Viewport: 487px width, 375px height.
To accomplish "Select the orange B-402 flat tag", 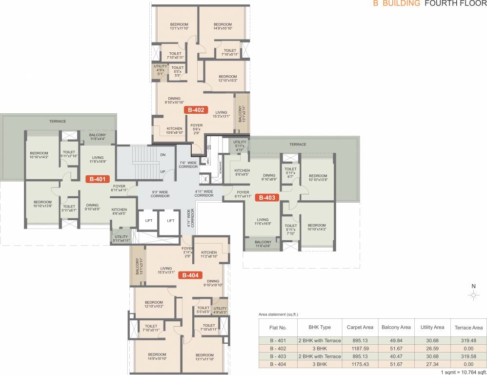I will click(x=196, y=110).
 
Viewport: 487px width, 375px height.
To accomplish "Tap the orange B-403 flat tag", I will click(x=267, y=198).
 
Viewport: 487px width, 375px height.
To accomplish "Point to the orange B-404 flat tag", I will click(x=190, y=275).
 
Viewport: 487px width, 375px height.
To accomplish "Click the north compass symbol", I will click(x=473, y=295).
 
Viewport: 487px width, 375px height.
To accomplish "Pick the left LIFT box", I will click(x=148, y=221).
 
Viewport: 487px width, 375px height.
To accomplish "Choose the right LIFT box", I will click(x=170, y=221).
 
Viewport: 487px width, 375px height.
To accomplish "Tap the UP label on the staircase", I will click(x=163, y=171).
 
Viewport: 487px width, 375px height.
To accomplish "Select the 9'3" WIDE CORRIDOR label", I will click(x=160, y=193).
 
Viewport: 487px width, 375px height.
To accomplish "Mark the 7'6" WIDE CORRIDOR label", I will click(x=187, y=164).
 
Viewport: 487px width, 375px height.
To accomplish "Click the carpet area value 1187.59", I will click(x=360, y=349).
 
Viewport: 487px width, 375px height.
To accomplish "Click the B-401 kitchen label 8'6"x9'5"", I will click(x=119, y=211).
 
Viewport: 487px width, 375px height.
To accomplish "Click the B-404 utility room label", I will click(x=220, y=310).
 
